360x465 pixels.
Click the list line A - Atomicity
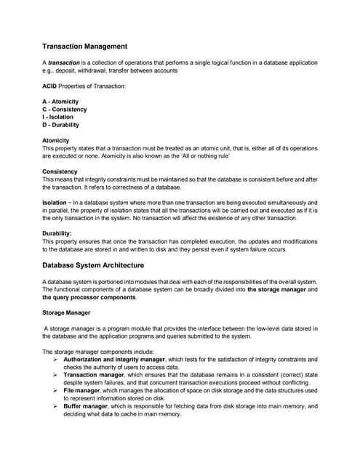tap(60, 102)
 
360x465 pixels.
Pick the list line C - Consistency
tap(65, 110)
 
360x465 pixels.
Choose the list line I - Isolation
tap(58, 117)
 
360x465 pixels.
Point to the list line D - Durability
tap(61, 125)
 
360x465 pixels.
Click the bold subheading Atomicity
tap(56, 140)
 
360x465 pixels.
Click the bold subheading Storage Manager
tap(65, 312)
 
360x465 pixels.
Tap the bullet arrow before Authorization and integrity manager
tap(56, 359)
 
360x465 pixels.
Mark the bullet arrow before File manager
tap(56, 390)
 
